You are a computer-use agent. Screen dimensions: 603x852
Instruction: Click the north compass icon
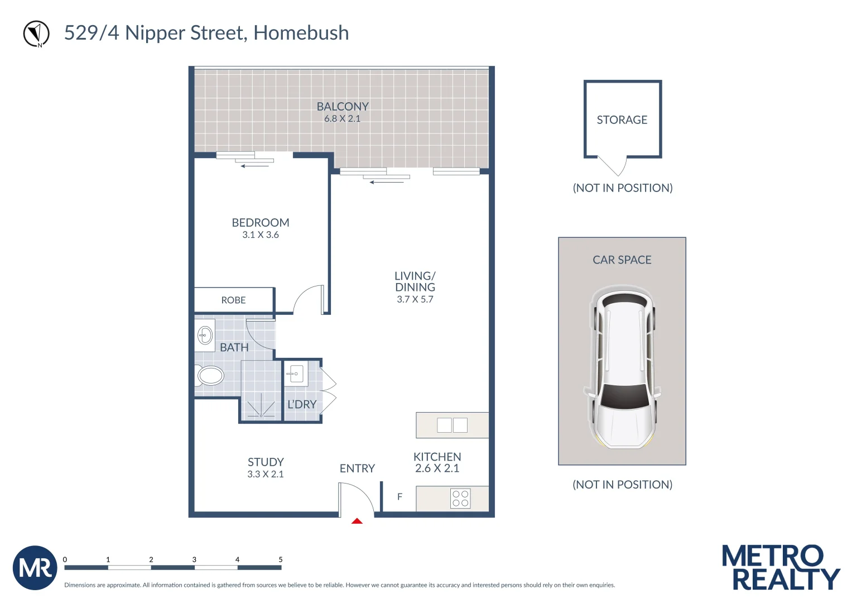click(36, 33)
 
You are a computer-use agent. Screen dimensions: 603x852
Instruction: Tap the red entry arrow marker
click(357, 521)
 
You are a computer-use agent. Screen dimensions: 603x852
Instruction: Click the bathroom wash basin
click(205, 336)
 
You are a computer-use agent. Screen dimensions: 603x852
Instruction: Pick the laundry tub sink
click(296, 374)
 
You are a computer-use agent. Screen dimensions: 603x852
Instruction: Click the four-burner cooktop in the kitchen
click(460, 499)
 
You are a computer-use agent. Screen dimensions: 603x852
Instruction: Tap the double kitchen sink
click(452, 425)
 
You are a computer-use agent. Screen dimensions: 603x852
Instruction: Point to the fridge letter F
click(399, 496)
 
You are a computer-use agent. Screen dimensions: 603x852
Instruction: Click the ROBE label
click(233, 300)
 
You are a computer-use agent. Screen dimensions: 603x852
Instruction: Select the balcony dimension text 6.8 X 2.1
click(342, 119)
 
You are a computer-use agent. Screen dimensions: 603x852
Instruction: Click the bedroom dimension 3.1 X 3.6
click(261, 235)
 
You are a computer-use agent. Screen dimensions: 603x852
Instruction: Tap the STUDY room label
click(266, 462)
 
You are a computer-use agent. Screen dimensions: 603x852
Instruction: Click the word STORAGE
click(622, 120)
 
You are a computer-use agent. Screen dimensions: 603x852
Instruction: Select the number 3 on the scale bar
click(194, 559)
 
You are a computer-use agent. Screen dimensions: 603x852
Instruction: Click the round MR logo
click(35, 568)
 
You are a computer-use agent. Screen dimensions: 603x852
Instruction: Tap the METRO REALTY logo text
click(781, 568)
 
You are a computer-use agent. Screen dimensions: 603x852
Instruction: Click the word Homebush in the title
click(301, 33)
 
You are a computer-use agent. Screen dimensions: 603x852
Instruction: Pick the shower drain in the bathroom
click(261, 415)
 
